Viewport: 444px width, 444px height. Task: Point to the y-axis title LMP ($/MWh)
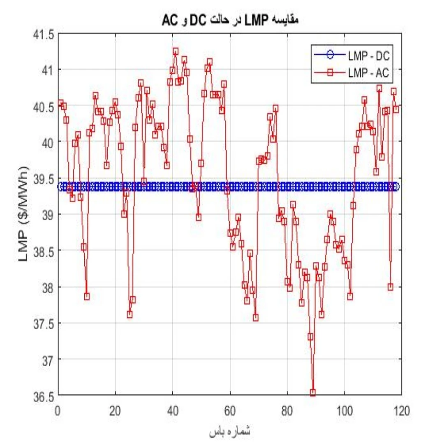point(23,213)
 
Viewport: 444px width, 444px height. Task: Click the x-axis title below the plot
point(230,432)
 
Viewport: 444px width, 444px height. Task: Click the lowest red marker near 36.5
point(313,393)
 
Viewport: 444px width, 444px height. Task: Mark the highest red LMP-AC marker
point(176,51)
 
